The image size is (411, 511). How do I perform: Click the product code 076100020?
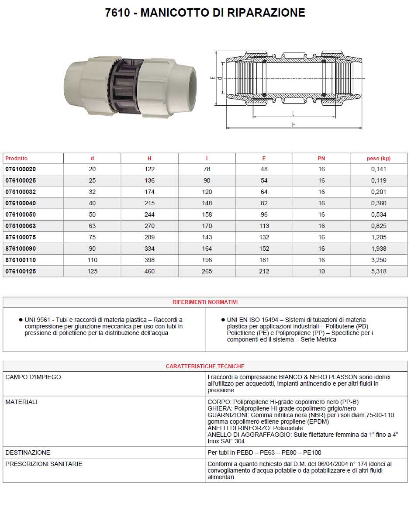click(21, 169)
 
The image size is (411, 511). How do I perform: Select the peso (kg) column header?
click(378, 159)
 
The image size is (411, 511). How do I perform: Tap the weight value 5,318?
click(378, 271)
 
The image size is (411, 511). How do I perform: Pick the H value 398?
click(149, 260)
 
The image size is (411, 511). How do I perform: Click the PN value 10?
click(321, 271)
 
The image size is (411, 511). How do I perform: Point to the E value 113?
click(264, 226)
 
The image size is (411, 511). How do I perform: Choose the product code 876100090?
click(21, 249)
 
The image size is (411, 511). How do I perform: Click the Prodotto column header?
click(16, 159)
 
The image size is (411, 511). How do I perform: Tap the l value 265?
click(207, 271)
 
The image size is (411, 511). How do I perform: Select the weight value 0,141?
click(378, 169)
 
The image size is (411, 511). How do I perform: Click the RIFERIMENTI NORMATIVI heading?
click(205, 302)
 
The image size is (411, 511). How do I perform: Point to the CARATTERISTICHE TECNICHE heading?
click(205, 366)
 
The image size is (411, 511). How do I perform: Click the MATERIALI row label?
click(21, 402)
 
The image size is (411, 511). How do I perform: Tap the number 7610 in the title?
click(117, 13)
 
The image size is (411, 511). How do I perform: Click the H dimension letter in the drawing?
click(294, 125)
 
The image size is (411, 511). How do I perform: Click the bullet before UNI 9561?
click(21, 320)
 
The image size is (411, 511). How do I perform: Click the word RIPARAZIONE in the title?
click(266, 13)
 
